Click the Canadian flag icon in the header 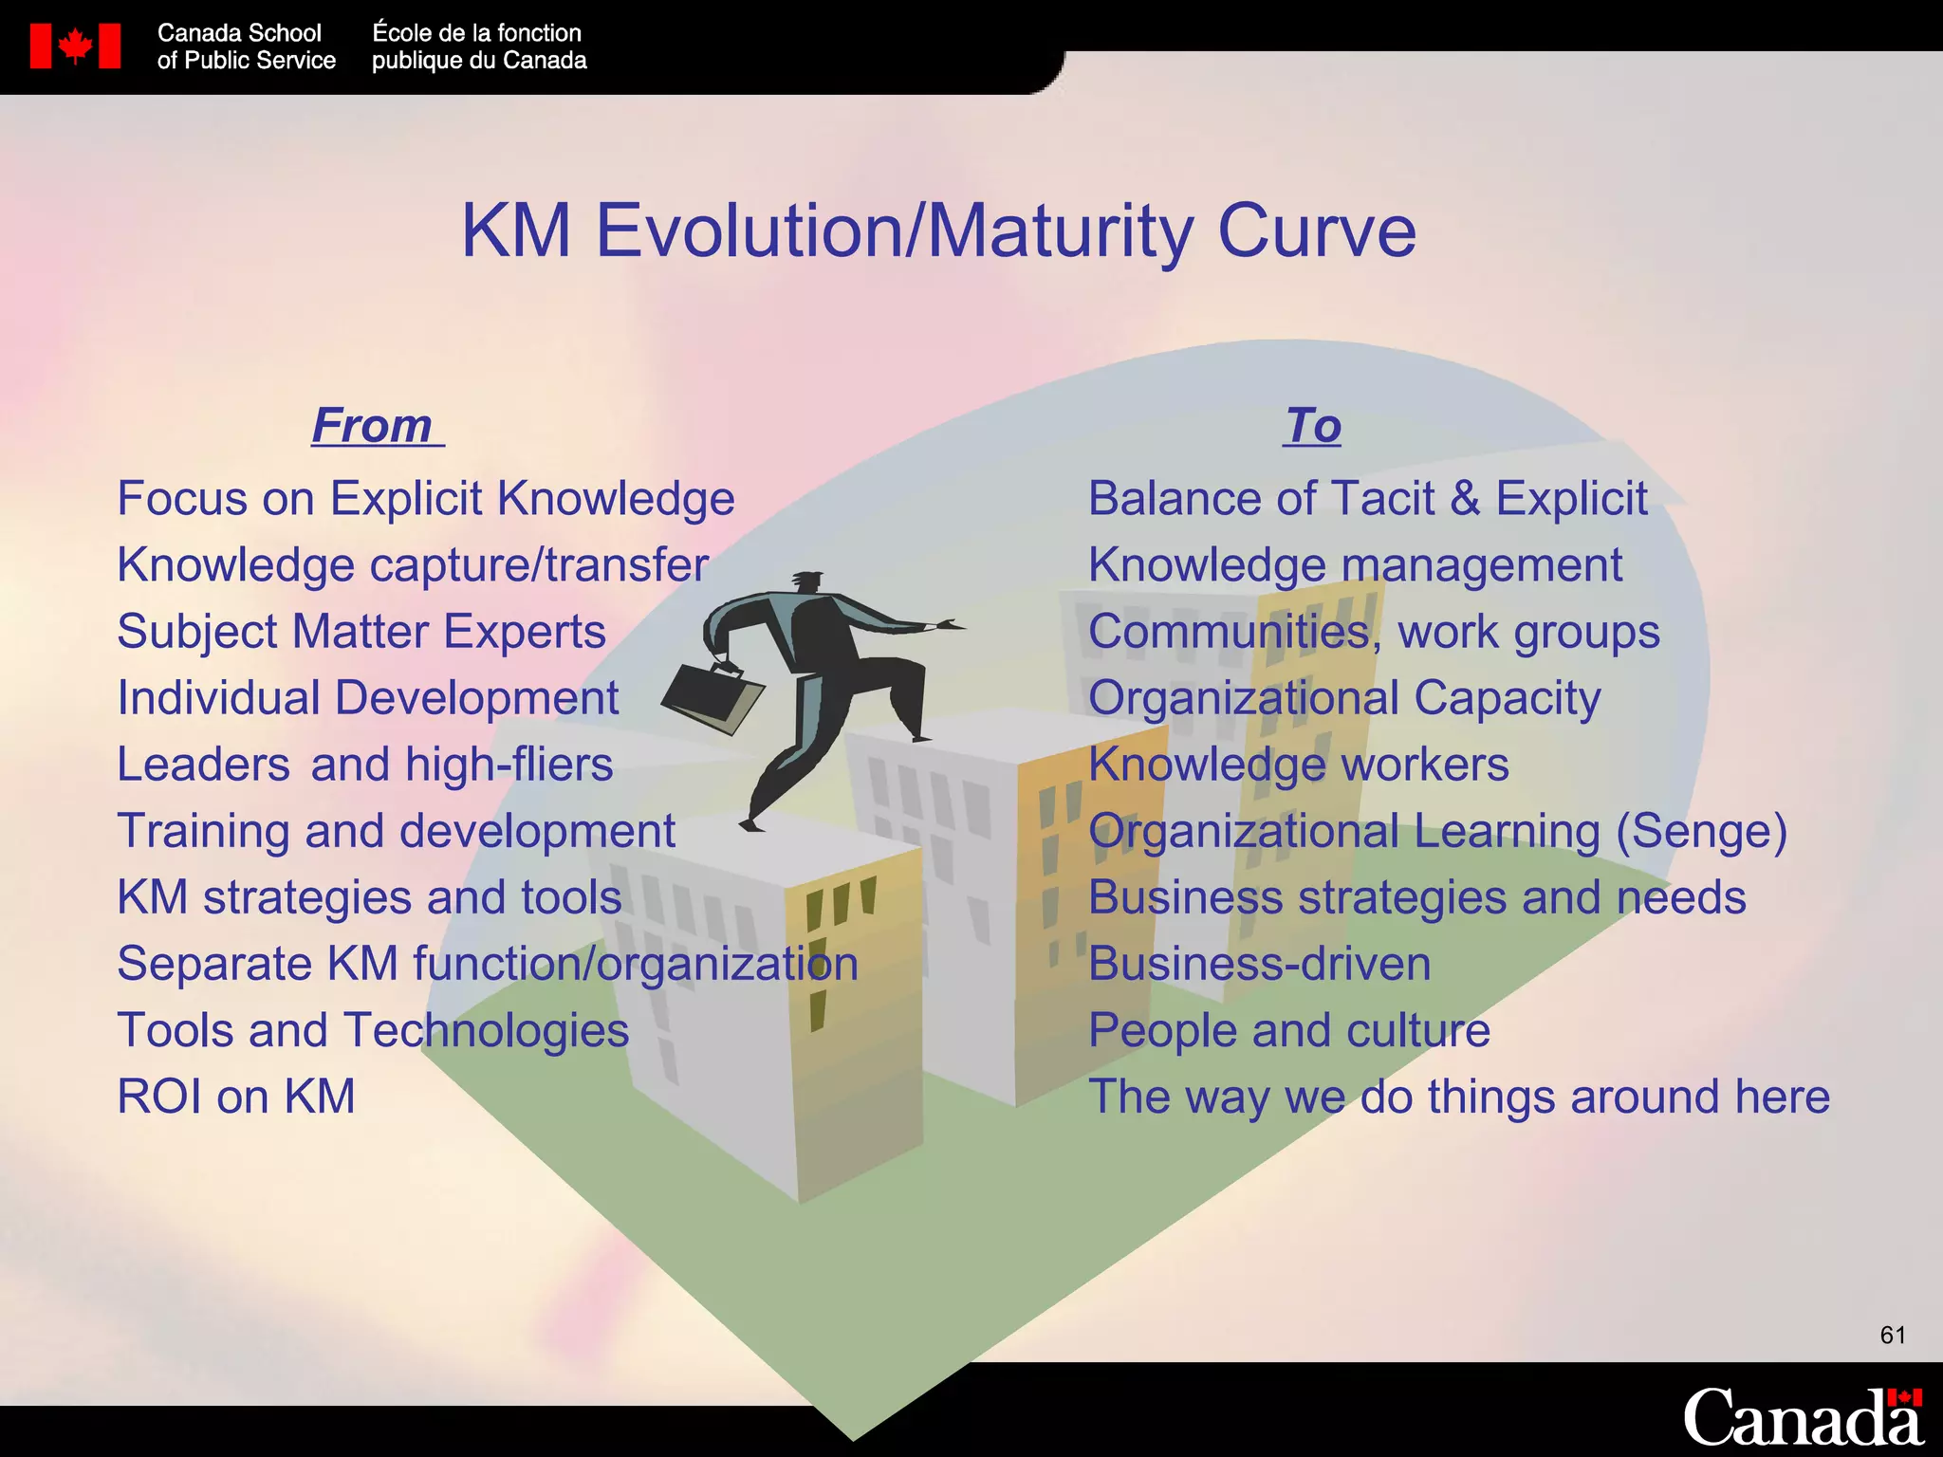tap(75, 46)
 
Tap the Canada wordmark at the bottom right tap(1802, 1418)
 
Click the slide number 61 tap(1892, 1336)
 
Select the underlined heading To tap(1313, 425)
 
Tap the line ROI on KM tap(236, 1097)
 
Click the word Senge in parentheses tap(1701, 832)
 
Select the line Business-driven tap(1259, 964)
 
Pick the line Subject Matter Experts tap(361, 632)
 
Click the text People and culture tap(1288, 1030)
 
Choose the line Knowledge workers tap(1298, 765)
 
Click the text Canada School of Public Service tap(246, 46)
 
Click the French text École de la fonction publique tap(478, 46)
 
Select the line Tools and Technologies tap(373, 1030)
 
